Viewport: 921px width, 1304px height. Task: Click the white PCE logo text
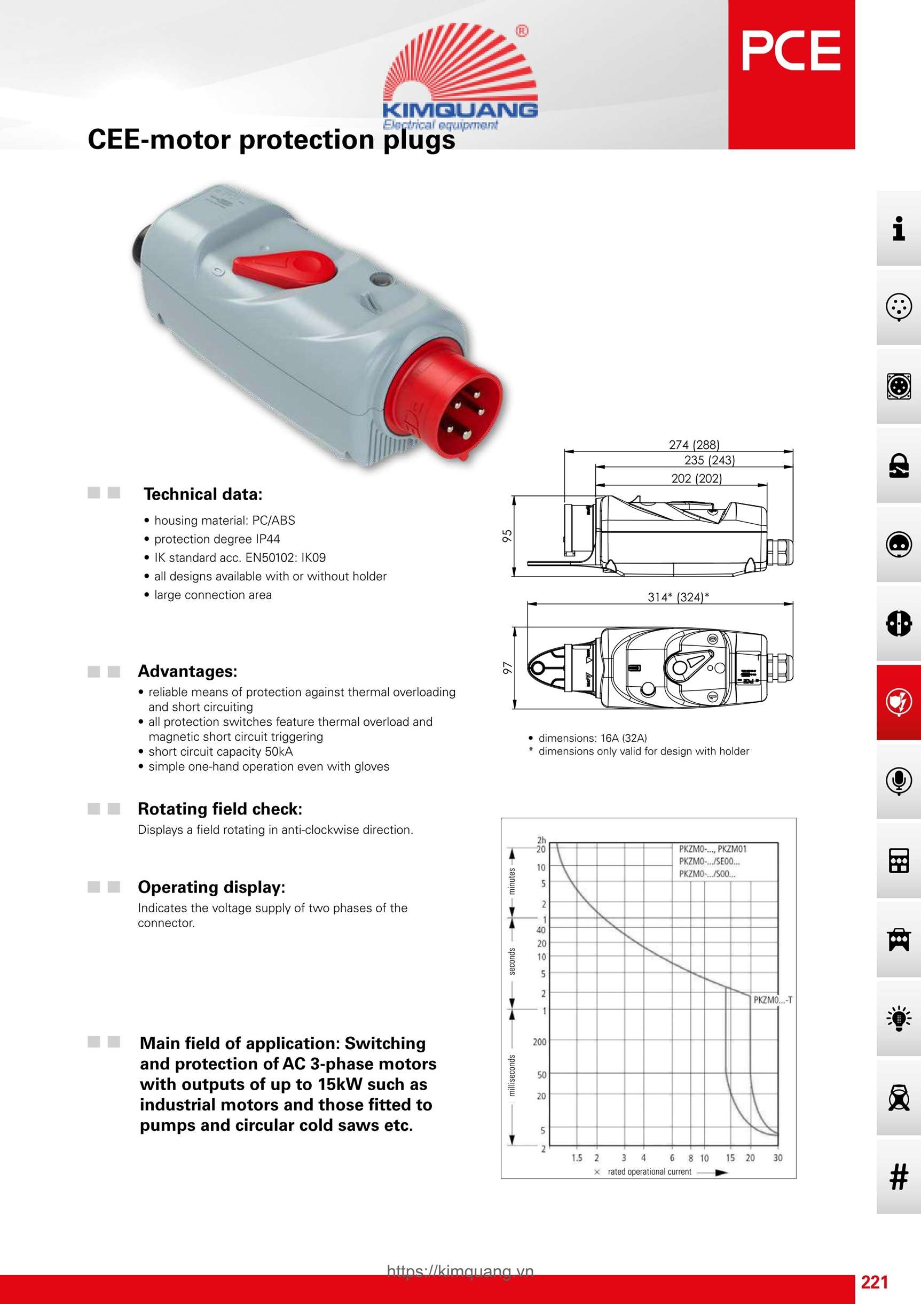[x=791, y=51]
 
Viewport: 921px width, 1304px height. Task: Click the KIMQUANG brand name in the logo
[x=460, y=110]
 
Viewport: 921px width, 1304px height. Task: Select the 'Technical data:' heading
[x=202, y=494]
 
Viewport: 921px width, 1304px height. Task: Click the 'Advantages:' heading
[x=187, y=671]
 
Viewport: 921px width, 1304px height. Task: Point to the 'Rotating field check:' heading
[x=219, y=809]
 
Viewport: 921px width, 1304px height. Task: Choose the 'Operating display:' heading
[x=211, y=887]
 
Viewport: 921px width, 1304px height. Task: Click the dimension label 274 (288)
[x=694, y=445]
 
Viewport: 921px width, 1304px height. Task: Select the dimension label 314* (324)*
[x=678, y=597]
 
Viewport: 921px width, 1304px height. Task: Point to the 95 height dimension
[x=507, y=535]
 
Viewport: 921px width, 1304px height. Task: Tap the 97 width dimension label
[x=507, y=668]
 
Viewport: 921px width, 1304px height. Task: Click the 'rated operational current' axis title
[x=649, y=1171]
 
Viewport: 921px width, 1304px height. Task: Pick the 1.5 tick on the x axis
[x=577, y=1158]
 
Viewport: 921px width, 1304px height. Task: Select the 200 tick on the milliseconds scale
[x=539, y=1042]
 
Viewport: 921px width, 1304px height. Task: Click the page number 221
[x=875, y=1282]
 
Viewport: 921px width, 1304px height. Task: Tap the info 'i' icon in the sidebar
[x=898, y=228]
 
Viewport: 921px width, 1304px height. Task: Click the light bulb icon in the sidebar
[x=898, y=1018]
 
